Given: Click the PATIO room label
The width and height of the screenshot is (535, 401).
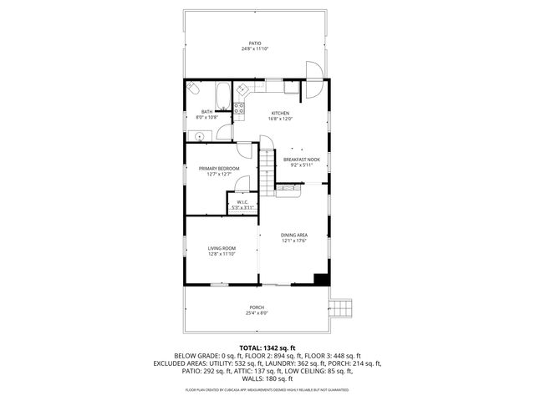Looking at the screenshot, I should click(255, 43).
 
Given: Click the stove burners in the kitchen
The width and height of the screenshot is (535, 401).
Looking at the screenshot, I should click(239, 104).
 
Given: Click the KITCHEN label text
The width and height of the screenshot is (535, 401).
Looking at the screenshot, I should click(279, 113).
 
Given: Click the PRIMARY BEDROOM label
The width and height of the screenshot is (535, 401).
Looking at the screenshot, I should click(219, 169).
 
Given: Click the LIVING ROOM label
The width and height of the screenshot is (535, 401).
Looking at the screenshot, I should click(222, 248).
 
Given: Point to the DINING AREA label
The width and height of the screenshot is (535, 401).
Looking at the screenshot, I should click(294, 236).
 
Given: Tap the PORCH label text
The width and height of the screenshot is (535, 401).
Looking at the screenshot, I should click(257, 307).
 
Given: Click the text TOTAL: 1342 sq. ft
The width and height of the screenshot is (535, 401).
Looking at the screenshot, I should click(267, 348).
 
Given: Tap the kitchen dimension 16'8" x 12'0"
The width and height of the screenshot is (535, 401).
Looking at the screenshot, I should click(279, 119).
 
